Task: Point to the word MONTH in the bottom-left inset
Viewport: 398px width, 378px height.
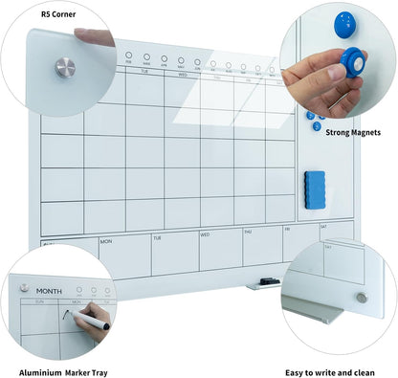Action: coord(49,290)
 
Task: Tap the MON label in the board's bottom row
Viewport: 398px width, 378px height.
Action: coord(105,241)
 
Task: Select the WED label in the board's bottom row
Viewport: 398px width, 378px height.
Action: coord(205,234)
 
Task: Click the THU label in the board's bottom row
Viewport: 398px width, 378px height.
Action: coord(247,232)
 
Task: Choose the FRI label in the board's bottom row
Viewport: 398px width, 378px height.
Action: coord(287,230)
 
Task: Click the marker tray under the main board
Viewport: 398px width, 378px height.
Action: coord(262,284)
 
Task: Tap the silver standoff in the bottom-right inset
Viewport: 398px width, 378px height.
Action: coord(362,298)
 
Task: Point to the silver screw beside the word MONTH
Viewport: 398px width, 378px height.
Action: coord(23,287)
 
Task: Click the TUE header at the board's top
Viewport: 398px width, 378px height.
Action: coord(145,72)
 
